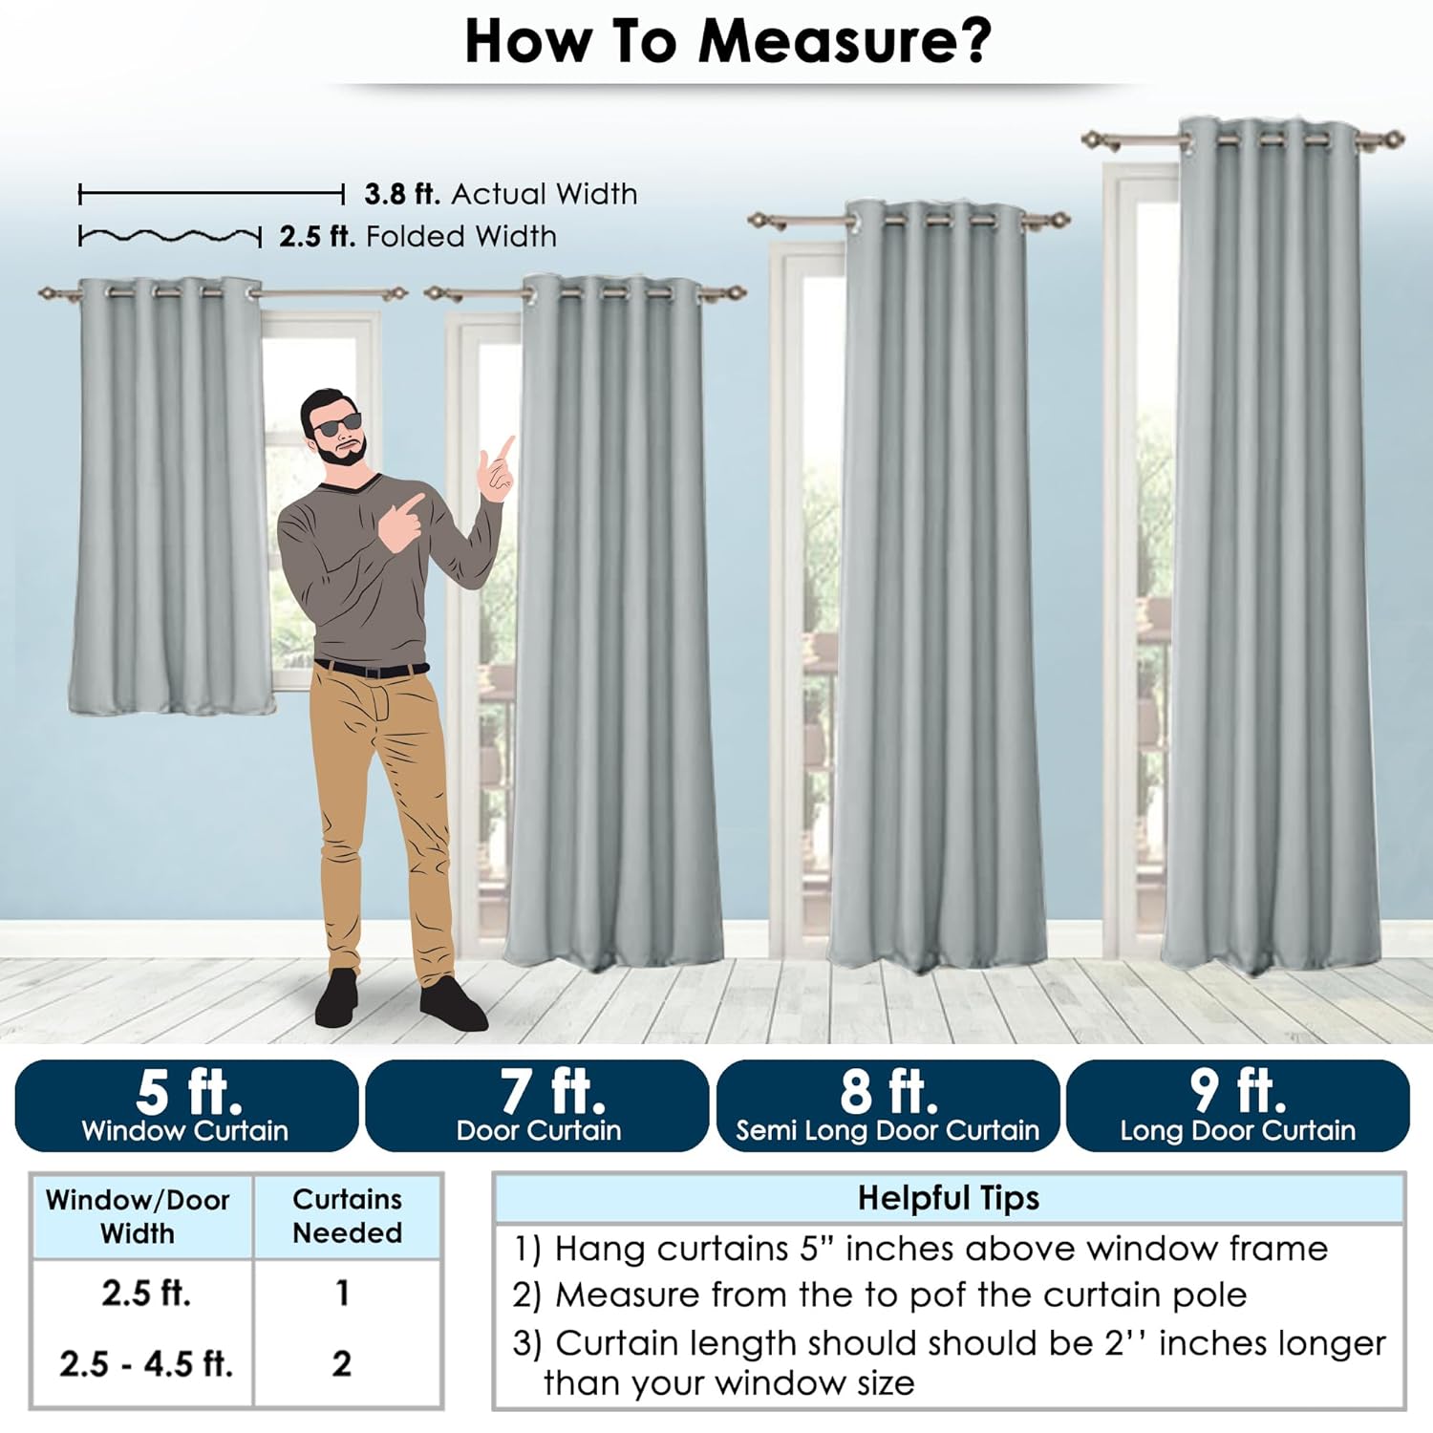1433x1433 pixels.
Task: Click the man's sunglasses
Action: click(337, 423)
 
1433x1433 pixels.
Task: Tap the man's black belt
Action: click(372, 668)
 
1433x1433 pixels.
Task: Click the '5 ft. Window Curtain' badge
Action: click(186, 1105)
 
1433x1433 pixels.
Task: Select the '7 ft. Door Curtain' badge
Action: click(537, 1105)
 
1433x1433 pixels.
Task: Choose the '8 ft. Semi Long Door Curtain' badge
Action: click(888, 1105)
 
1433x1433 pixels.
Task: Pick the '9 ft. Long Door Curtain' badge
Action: click(1238, 1105)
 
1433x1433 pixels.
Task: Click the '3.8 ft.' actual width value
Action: click(402, 194)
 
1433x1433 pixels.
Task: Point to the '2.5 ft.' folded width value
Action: click(317, 236)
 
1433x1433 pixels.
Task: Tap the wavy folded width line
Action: click(170, 236)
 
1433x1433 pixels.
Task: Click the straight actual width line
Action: click(211, 195)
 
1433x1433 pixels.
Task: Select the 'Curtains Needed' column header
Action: click(347, 1216)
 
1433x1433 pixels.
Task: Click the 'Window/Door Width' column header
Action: click(138, 1216)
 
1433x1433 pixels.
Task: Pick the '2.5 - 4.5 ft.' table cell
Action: click(146, 1363)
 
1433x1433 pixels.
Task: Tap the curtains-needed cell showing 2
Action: click(342, 1363)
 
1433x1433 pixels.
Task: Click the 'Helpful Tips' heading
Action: click(948, 1198)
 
